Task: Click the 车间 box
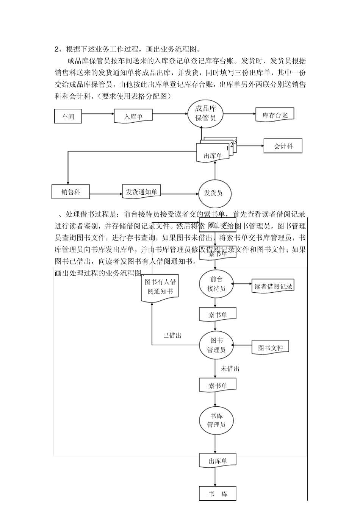coord(68,116)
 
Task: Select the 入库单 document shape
coord(133,116)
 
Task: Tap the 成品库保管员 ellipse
coord(205,113)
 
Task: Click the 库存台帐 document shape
coord(275,115)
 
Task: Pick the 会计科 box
coord(283,146)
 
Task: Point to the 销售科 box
coord(71,192)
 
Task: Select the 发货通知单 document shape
coord(141,192)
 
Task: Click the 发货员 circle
coord(214,193)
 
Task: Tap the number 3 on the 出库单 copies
coord(235,142)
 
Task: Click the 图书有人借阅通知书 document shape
coord(160,287)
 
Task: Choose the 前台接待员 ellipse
coord(216,284)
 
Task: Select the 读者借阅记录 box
coord(273,286)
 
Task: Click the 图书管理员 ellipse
coord(216,345)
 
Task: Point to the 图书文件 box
coord(271,347)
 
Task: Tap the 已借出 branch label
coord(172,336)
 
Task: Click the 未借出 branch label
coord(230,368)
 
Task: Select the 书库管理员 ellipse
coord(216,420)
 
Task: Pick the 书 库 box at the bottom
coord(218,494)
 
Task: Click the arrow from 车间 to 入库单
coord(98,114)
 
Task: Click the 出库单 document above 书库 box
coord(218,461)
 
